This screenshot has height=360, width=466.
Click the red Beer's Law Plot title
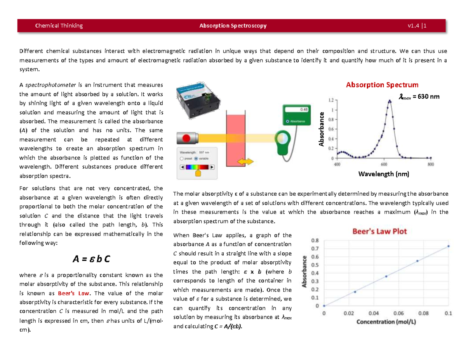pyautogui.click(x=379, y=231)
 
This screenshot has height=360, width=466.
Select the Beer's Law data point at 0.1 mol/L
pyautogui.click(x=449, y=246)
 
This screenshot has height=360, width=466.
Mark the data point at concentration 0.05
pyautogui.click(x=386, y=276)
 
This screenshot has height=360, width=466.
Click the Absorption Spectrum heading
pyautogui.click(x=382, y=85)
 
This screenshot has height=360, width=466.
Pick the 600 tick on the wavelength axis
pyautogui.click(x=384, y=164)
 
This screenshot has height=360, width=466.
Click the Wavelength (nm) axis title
pyautogui.click(x=383, y=174)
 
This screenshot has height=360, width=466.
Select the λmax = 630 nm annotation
pyautogui.click(x=419, y=96)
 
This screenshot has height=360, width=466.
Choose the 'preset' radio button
pyautogui.click(x=182, y=158)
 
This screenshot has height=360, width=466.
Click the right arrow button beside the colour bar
pyautogui.click(x=212, y=167)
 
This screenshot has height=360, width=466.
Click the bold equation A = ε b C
pyautogui.click(x=91, y=259)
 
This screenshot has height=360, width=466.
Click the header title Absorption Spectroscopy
pyautogui.click(x=233, y=26)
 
